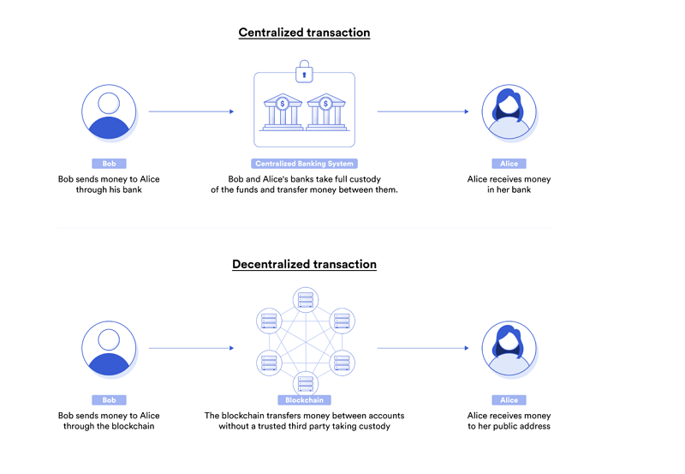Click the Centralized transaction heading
click(304, 33)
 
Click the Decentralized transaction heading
click(304, 264)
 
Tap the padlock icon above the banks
click(305, 72)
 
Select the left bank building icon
click(283, 112)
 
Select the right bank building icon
click(326, 112)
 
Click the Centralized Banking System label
click(305, 164)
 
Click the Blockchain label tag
click(305, 400)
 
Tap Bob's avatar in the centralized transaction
click(109, 112)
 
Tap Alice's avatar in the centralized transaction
click(509, 112)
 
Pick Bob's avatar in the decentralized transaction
click(109, 349)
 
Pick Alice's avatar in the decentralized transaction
click(509, 349)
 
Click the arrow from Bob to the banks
click(191, 111)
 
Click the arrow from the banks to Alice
click(423, 111)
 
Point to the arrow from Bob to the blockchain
click(191, 348)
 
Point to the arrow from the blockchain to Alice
click(423, 348)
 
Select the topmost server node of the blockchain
click(306, 300)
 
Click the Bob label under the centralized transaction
click(110, 164)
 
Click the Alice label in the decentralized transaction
click(509, 400)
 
